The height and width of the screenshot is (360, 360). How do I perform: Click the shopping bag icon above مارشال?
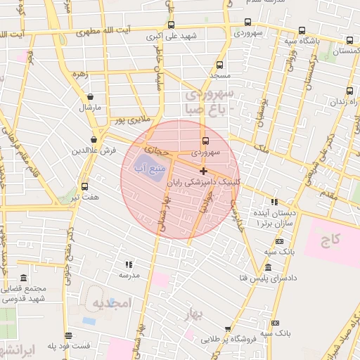click(91, 97)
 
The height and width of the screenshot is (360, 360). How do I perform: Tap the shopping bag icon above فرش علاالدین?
click(94, 140)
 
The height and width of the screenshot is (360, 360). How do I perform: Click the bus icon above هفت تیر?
click(85, 186)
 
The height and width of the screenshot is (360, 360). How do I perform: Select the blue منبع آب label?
click(150, 169)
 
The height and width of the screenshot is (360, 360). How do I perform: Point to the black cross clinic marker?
click(203, 171)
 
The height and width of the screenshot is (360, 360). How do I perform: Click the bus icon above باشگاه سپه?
click(302, 30)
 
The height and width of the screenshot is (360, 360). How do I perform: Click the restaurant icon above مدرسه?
click(129, 264)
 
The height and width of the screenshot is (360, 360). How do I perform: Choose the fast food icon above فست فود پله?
click(68, 335)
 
